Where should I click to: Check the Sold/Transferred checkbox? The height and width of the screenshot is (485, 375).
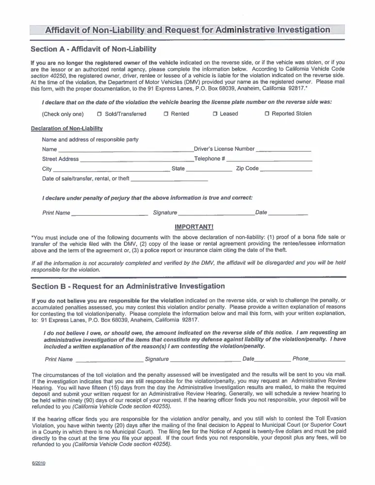click(99, 114)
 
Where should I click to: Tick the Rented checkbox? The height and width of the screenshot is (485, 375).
click(165, 114)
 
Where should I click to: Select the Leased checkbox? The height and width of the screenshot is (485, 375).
click(215, 114)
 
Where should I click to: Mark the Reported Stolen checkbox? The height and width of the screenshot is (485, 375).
click(267, 114)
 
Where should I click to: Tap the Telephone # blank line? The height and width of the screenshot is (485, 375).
click(269, 160)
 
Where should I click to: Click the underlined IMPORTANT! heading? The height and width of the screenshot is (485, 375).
click(194, 226)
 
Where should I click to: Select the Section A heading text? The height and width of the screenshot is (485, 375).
click(93, 49)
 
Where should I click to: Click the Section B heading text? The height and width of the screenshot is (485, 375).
click(128, 286)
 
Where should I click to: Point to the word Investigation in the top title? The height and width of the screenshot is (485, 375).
click(301, 30)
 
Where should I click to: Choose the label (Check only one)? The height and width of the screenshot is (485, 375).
click(63, 114)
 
